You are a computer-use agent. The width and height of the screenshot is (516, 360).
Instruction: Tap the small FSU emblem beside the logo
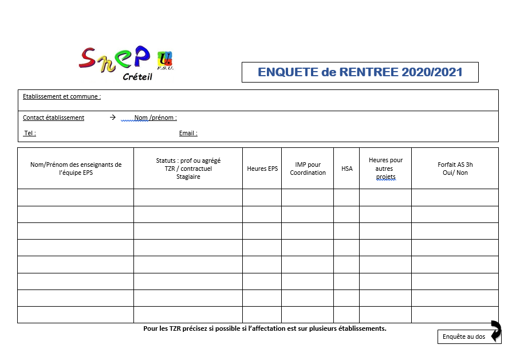tap(165, 60)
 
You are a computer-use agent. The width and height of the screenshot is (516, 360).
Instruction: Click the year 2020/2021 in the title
tap(432, 72)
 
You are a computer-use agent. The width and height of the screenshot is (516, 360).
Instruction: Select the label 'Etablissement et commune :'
tap(62, 96)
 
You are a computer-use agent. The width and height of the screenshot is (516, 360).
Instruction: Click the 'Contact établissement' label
tap(53, 118)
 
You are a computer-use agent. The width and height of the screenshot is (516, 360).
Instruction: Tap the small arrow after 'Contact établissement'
tap(112, 117)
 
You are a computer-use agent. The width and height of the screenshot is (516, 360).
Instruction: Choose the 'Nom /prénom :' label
tap(155, 118)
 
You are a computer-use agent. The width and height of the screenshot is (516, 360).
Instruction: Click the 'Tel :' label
tap(30, 133)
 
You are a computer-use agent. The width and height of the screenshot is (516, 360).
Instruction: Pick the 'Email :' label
tap(188, 133)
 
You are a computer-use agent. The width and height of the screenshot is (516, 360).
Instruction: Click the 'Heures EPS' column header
tap(262, 169)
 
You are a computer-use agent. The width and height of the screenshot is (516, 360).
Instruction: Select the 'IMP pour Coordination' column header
tap(308, 169)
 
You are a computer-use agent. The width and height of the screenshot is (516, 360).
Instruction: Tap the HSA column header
tap(346, 169)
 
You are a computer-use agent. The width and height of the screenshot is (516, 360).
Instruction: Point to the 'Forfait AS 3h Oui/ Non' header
tap(455, 169)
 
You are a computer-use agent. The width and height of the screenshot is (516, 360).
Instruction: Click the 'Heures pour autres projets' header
tap(385, 169)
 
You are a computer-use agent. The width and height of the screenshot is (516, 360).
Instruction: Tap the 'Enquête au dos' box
tap(464, 336)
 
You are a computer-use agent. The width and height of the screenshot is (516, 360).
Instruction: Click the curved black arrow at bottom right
tap(495, 331)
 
